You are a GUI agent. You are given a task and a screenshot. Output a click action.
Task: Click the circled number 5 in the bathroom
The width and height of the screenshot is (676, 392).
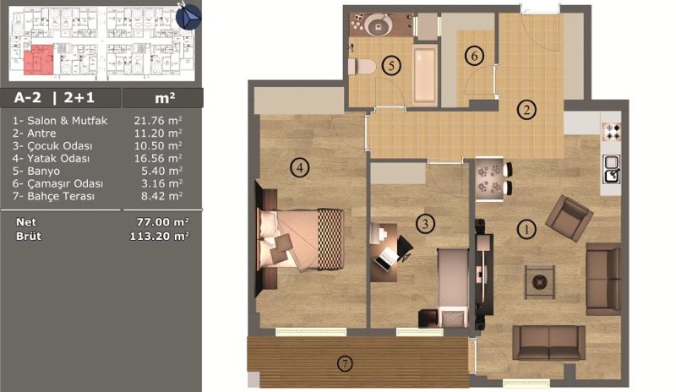tap(391, 66)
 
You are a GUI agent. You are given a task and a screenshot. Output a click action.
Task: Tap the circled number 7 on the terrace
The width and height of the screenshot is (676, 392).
tap(345, 364)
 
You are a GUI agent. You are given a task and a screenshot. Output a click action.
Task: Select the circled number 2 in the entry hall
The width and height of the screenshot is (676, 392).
tap(526, 110)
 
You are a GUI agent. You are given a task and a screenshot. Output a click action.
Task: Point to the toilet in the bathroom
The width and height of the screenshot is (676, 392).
tap(362, 67)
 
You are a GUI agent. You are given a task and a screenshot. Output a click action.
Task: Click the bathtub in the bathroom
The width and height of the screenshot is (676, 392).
tap(425, 74)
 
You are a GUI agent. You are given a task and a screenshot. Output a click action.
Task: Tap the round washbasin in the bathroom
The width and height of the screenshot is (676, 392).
tap(379, 25)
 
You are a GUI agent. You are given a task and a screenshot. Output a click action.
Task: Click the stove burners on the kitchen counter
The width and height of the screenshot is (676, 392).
tap(612, 132)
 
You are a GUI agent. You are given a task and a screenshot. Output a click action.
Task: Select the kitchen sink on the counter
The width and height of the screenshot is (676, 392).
tap(612, 169)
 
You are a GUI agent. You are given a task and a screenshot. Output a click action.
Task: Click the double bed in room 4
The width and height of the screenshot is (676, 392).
tap(301, 240)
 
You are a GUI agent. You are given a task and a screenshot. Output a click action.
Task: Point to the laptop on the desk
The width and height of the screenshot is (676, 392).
tap(386, 258)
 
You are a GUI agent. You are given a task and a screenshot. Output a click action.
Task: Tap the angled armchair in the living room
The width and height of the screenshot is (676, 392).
tap(569, 218)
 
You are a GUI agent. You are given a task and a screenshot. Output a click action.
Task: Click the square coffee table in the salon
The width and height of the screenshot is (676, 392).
tap(539, 282)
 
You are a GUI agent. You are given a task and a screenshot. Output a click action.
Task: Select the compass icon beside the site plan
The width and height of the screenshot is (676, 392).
tap(188, 16)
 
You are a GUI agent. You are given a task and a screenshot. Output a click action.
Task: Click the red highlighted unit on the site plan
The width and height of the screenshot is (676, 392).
tap(39, 59)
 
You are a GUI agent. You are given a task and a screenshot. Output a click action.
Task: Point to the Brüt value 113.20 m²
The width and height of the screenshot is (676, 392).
tap(159, 236)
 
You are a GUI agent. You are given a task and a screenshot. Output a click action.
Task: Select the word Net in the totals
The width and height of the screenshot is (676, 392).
tap(26, 222)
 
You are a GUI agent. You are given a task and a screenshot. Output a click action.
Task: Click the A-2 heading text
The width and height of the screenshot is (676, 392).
tap(28, 97)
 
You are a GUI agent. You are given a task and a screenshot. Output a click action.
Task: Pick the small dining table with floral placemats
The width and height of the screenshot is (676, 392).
tap(489, 179)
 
